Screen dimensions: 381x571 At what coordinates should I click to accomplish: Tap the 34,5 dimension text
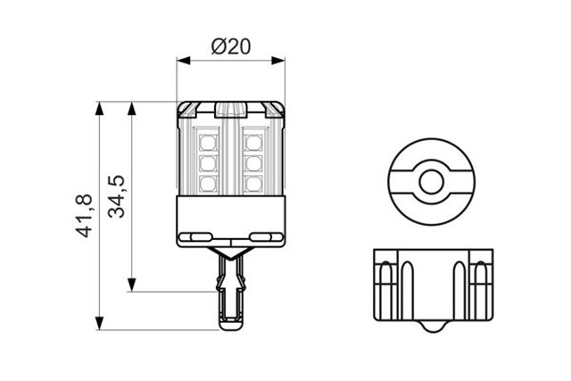pyautogui.click(x=117, y=197)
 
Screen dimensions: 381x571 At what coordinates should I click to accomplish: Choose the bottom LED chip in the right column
pyautogui.click(x=252, y=183)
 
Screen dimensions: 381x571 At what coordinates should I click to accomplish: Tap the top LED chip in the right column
pyautogui.click(x=252, y=141)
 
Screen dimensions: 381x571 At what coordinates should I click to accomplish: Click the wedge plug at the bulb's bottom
pyautogui.click(x=231, y=290)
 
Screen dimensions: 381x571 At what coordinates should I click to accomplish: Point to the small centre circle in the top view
pyautogui.click(x=433, y=183)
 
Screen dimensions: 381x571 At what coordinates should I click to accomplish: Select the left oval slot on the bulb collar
pyautogui.click(x=197, y=236)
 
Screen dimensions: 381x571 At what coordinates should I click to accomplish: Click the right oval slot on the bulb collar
pyautogui.click(x=265, y=236)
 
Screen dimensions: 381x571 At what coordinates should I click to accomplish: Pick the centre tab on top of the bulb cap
pyautogui.click(x=231, y=111)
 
